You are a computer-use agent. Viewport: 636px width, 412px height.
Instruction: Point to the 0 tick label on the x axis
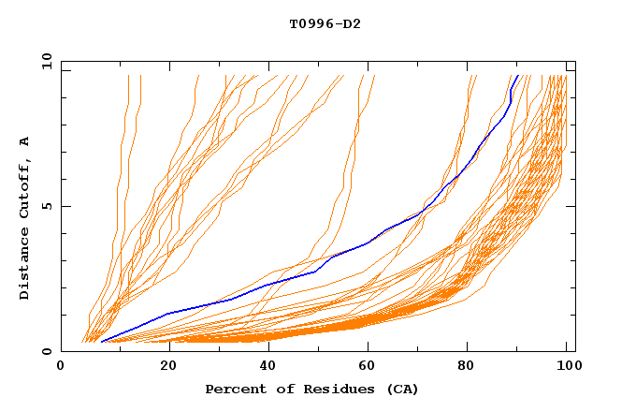tap(61, 369)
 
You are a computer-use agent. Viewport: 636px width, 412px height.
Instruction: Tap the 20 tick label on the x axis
tap(163, 369)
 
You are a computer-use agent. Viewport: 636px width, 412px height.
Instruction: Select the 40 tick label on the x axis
tap(264, 369)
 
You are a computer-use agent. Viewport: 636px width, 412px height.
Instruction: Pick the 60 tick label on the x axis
tap(366, 369)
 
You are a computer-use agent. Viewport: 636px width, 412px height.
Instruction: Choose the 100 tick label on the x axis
tap(568, 369)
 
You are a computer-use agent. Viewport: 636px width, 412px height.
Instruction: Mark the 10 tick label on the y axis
tap(45, 61)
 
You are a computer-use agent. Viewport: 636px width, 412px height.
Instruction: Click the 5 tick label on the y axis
tap(49, 206)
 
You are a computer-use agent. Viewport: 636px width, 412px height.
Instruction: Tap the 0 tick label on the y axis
tap(49, 351)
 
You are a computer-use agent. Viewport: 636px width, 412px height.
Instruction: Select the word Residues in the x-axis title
tap(313, 389)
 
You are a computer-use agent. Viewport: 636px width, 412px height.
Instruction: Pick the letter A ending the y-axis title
tap(25, 140)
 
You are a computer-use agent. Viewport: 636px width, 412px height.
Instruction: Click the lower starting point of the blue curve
tap(101, 342)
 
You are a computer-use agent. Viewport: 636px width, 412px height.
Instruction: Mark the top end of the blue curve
tap(517, 76)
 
